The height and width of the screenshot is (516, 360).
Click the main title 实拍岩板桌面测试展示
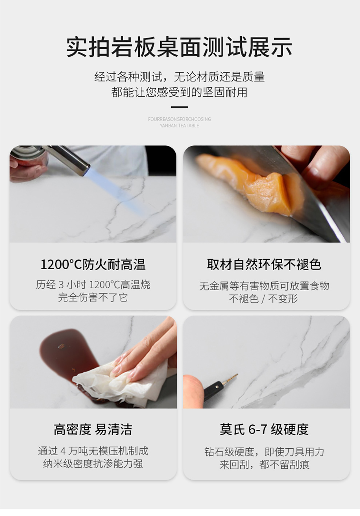[179, 47]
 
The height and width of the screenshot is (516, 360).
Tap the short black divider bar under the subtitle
[179, 107]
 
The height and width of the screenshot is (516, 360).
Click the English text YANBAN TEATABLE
[179, 125]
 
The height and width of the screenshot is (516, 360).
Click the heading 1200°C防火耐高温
[93, 264]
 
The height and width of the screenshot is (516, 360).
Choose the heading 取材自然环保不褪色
[264, 264]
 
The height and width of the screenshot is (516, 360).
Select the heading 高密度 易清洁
[93, 429]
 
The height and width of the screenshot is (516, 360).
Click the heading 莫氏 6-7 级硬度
[264, 429]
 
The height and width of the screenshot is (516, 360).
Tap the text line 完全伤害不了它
[93, 297]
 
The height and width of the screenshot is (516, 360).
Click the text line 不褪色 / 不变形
[264, 299]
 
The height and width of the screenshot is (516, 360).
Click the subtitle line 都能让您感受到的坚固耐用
[179, 92]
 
